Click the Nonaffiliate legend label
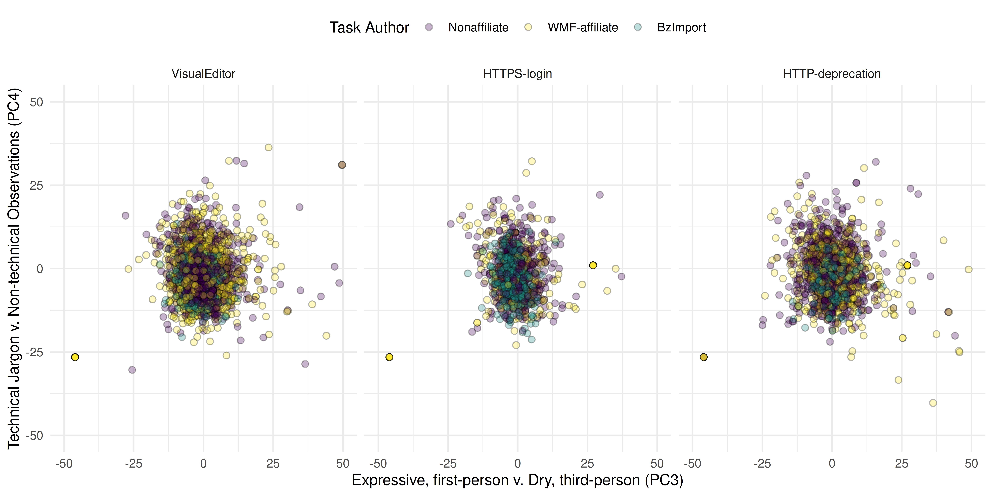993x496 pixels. pyautogui.click(x=478, y=27)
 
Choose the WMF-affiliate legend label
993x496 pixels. pyautogui.click(x=583, y=27)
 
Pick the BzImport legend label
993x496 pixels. pyautogui.click(x=681, y=27)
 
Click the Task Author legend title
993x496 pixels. pyautogui.click(x=369, y=27)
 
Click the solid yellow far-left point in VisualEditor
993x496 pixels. pyautogui.click(x=75, y=357)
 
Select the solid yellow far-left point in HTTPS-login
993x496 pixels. pyautogui.click(x=389, y=357)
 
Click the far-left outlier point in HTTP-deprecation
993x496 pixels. pyautogui.click(x=704, y=357)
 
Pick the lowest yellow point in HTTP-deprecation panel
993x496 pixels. pyautogui.click(x=933, y=403)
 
